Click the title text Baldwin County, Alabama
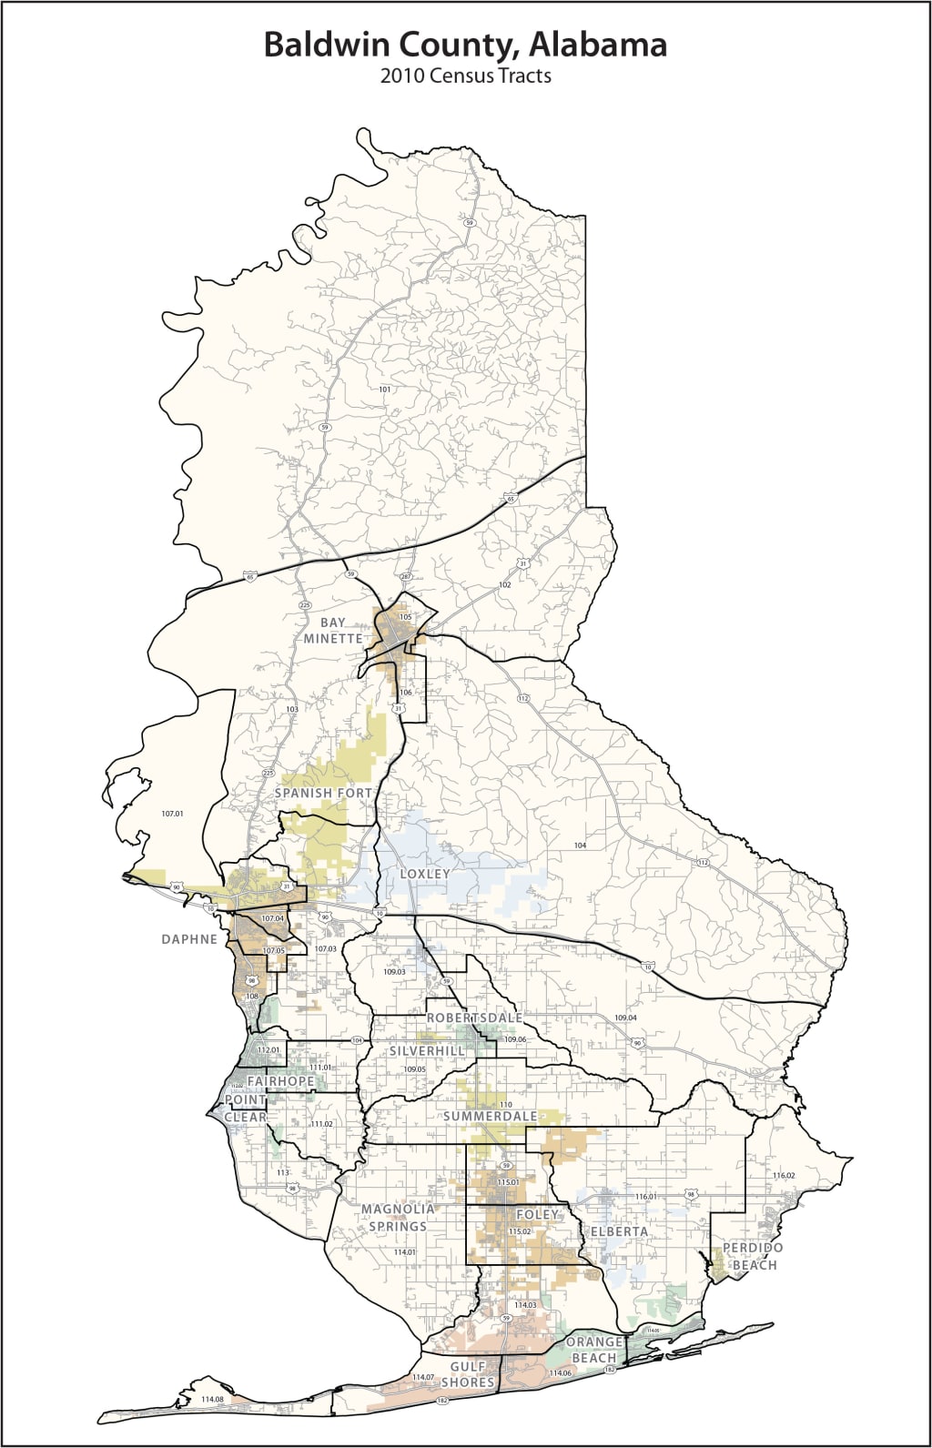coord(465,44)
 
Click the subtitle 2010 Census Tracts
coord(465,76)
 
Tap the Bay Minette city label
coord(333,630)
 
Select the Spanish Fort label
coord(324,793)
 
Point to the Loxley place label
coord(425,874)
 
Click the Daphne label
coord(189,938)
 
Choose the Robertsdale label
coord(475,1017)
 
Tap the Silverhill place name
coord(428,1050)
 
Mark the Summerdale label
coord(490,1116)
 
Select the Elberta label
coord(620,1231)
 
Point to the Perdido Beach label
coord(753,1256)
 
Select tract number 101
coord(384,390)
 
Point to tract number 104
coord(581,846)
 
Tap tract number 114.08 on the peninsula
coord(212,1399)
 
